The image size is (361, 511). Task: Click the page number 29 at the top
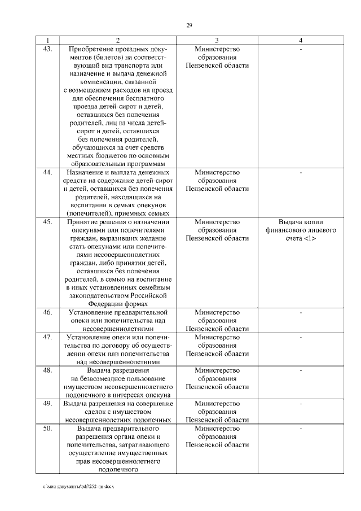click(190, 25)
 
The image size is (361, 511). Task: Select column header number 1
click(47, 41)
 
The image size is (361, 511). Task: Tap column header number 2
click(118, 41)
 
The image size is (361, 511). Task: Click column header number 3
click(217, 41)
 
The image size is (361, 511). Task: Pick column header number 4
click(301, 41)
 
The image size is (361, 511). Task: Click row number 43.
click(47, 49)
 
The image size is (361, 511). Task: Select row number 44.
click(47, 172)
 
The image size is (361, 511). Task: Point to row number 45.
click(47, 221)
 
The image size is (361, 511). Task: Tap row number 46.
click(47, 312)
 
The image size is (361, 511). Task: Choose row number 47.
click(47, 337)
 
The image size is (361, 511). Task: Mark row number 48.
click(47, 370)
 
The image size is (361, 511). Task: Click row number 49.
click(47, 404)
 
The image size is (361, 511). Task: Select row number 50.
click(47, 429)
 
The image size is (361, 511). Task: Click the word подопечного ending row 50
click(118, 469)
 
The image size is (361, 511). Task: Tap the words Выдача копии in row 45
click(301, 221)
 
